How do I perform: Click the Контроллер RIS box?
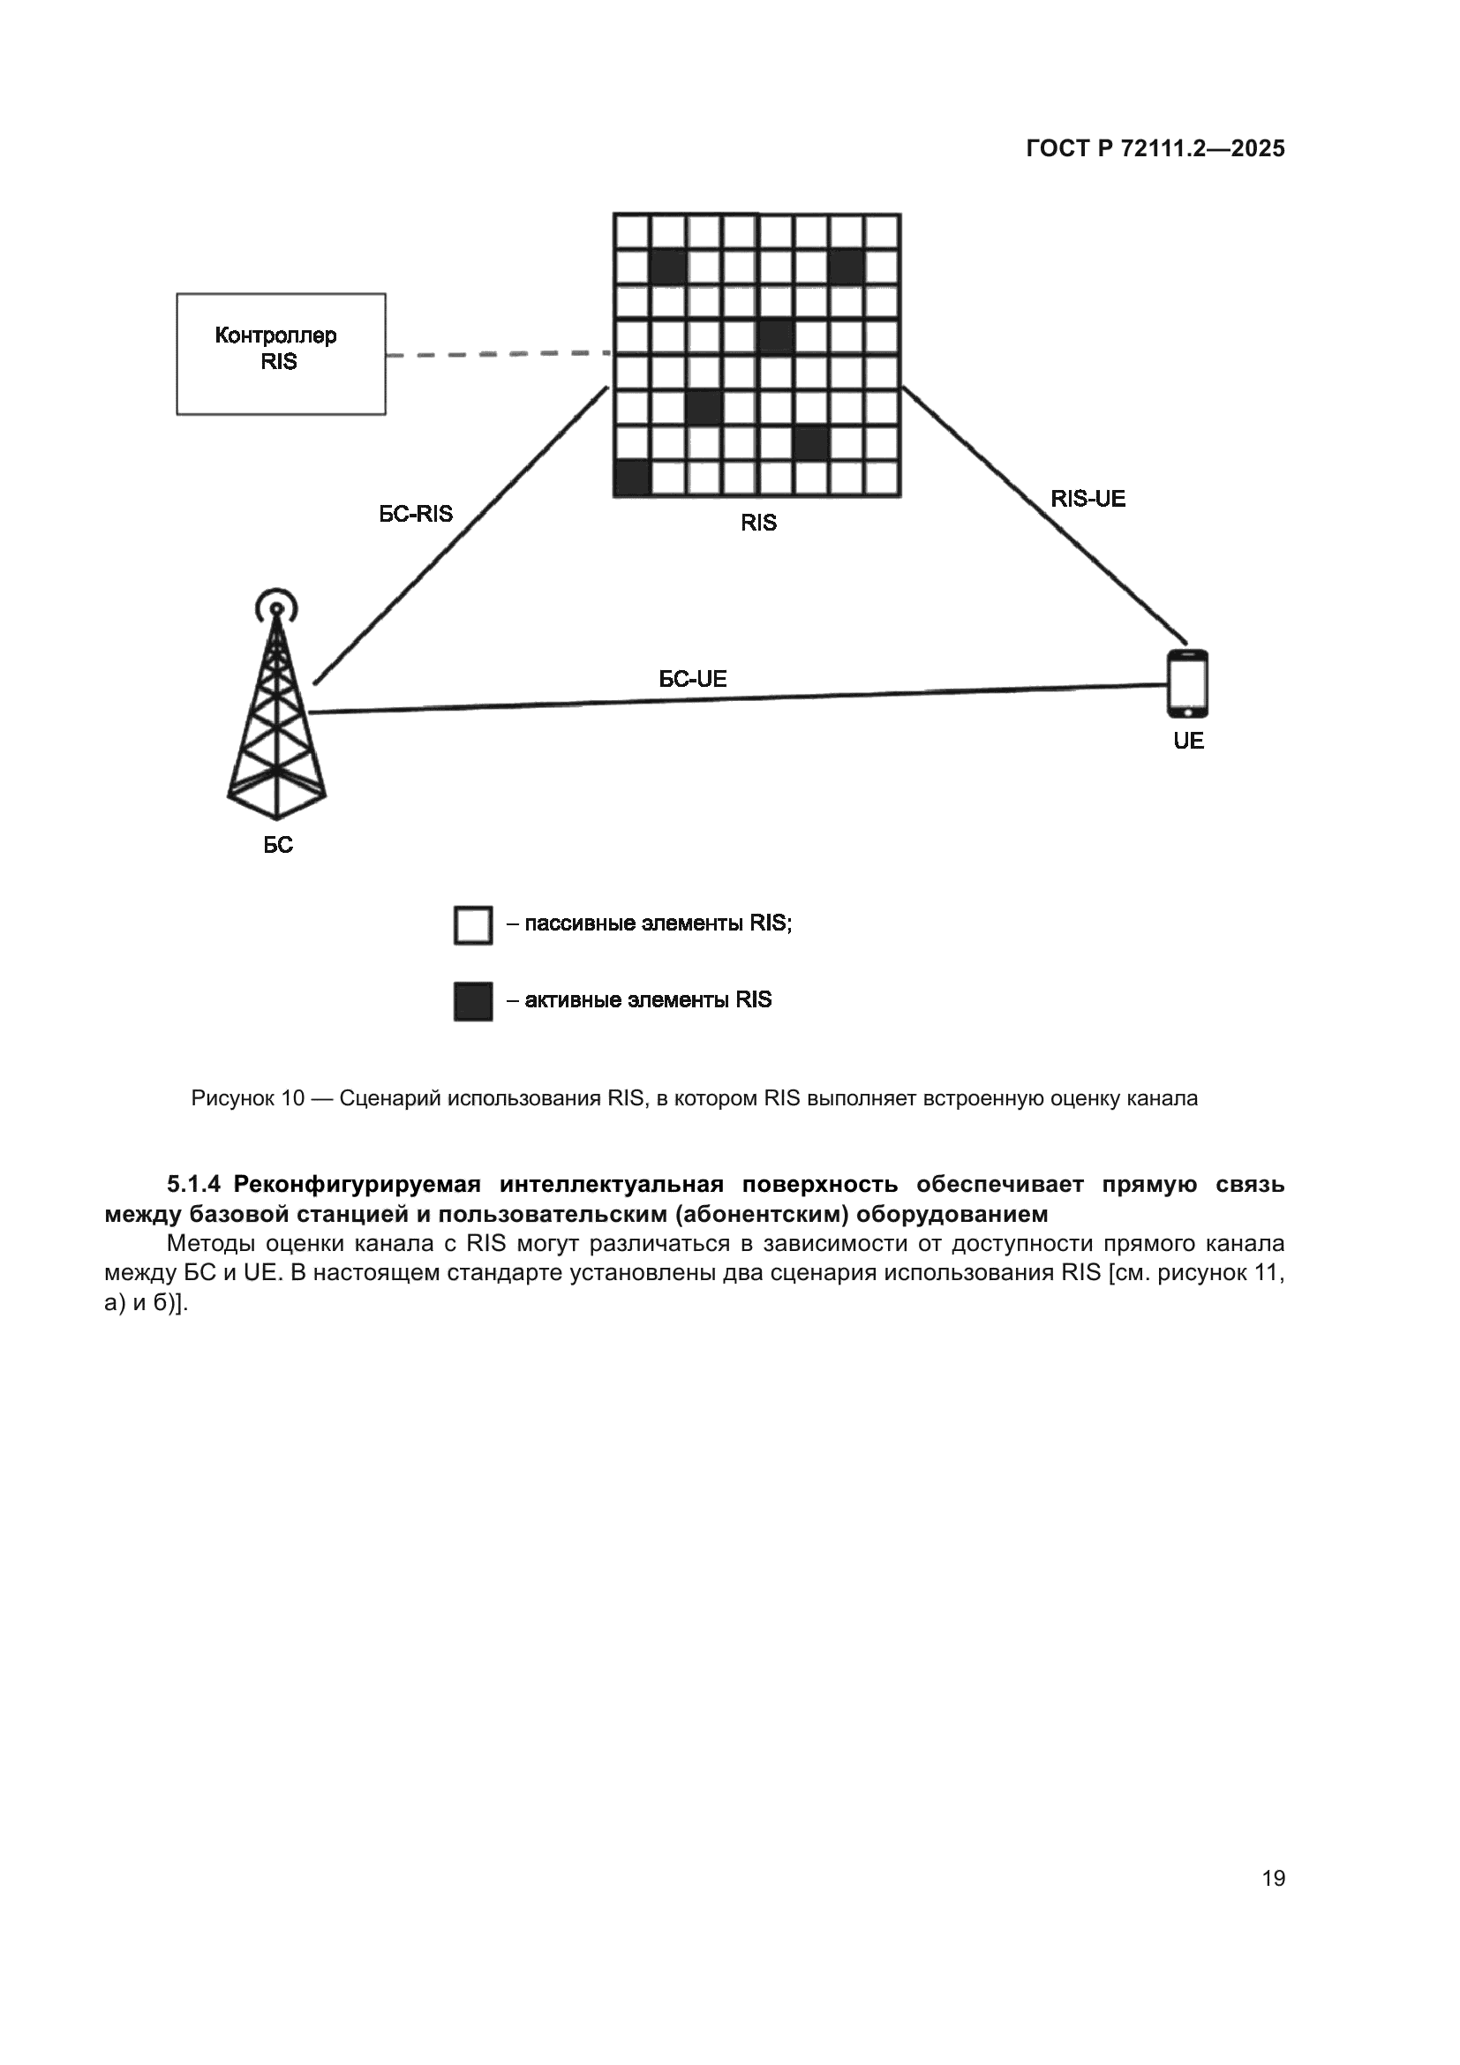(x=281, y=353)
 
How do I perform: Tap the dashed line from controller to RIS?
(x=499, y=354)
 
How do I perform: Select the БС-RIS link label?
(x=416, y=514)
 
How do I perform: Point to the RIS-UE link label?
(x=1087, y=499)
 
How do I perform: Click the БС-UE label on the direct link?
(x=692, y=679)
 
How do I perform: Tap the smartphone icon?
(x=1186, y=683)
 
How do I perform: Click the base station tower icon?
(x=277, y=720)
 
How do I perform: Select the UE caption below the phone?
(x=1187, y=741)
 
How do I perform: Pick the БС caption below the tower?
(x=278, y=846)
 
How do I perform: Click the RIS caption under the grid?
(x=758, y=523)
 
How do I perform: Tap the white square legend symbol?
(x=473, y=925)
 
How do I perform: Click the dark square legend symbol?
(x=473, y=1001)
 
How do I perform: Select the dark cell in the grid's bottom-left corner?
(x=632, y=478)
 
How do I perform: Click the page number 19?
(x=1273, y=1878)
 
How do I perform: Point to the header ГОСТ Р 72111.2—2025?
(x=1155, y=148)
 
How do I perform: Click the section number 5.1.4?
(x=193, y=1185)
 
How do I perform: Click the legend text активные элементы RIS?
(x=647, y=1000)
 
